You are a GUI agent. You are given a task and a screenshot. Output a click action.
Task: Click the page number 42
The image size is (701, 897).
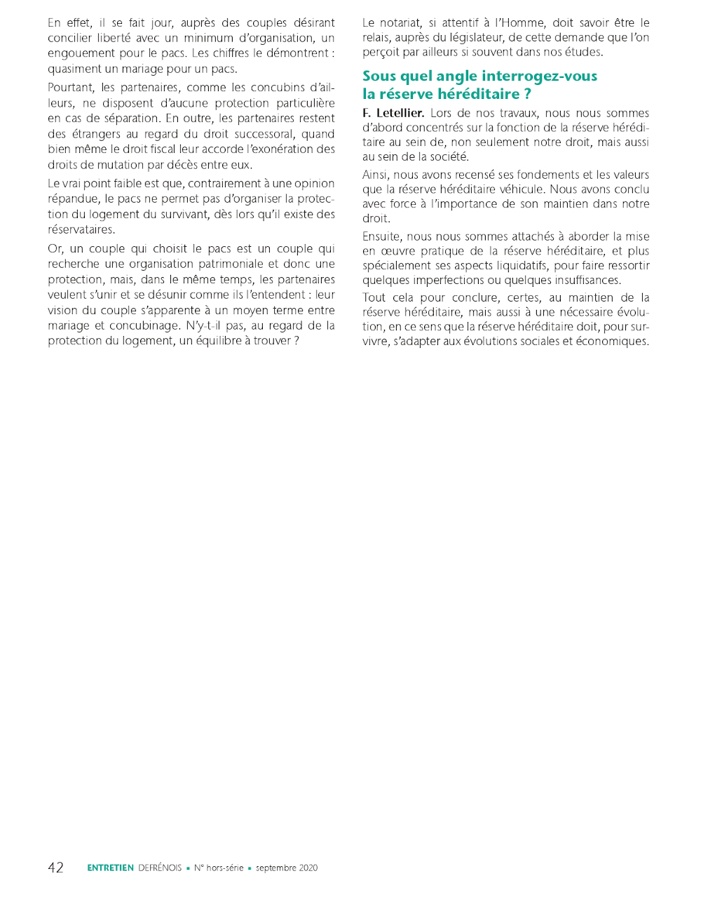click(55, 868)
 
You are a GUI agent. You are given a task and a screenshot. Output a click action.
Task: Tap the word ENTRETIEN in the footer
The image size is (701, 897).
click(110, 868)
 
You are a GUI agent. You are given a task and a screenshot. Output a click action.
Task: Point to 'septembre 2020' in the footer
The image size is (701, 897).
click(287, 868)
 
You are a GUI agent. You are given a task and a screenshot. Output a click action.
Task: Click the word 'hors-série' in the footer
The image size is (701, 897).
click(224, 868)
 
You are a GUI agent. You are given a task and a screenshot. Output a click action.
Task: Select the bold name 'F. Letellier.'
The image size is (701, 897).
click(393, 113)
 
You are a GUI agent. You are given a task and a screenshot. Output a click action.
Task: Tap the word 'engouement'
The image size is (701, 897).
click(81, 53)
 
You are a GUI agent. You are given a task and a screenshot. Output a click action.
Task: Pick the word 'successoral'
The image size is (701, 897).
click(257, 134)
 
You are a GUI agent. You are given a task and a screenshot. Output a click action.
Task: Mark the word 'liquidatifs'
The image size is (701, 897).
click(519, 266)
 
